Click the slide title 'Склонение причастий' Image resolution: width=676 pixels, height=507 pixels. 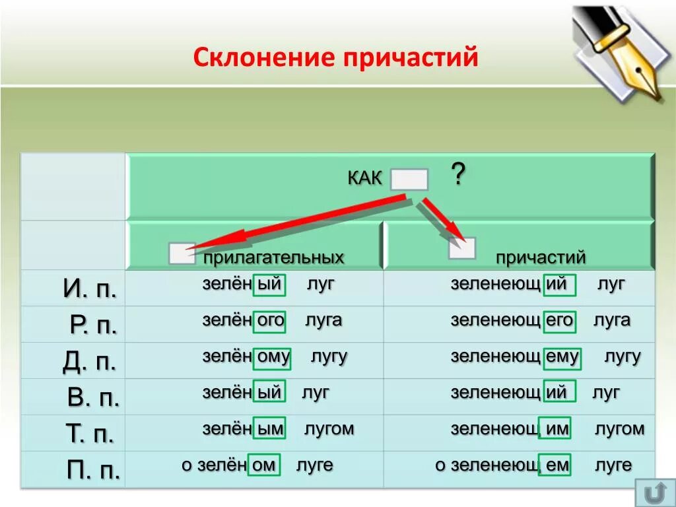coord(335,57)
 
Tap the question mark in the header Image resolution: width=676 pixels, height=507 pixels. coord(458,175)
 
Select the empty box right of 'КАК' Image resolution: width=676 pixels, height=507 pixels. coord(409,180)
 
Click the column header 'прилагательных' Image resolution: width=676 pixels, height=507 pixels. coord(273,257)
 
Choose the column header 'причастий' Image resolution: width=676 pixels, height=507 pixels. coord(541,257)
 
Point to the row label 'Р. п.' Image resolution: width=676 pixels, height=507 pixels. coord(92,325)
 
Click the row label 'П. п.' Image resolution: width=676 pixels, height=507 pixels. coord(93,470)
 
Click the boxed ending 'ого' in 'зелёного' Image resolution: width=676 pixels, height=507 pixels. coord(270,321)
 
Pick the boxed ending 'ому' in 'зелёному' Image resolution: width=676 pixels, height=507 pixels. coord(273,357)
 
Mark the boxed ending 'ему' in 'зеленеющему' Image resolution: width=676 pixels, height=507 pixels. coord(562,357)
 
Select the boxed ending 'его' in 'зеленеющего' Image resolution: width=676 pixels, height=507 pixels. coord(559,321)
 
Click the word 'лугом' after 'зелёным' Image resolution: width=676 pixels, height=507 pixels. coord(329,429)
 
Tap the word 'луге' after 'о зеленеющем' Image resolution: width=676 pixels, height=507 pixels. coord(613,465)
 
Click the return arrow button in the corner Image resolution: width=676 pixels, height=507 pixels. coord(655,492)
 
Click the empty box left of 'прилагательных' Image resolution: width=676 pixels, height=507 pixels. coord(182,253)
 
